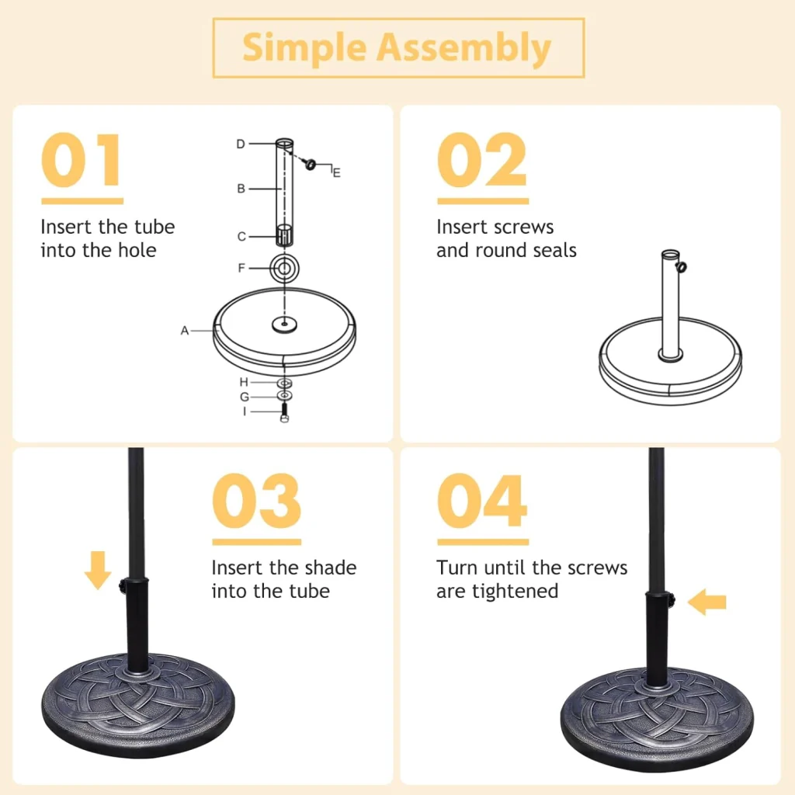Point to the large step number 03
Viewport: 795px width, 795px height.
pyautogui.click(x=256, y=501)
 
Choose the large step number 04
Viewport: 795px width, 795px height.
pyautogui.click(x=482, y=501)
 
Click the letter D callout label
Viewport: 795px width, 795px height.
pyautogui.click(x=241, y=144)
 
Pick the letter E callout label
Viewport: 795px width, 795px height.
pyautogui.click(x=336, y=173)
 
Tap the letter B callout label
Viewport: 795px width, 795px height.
pyautogui.click(x=241, y=189)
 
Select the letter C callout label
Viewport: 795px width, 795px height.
pyautogui.click(x=241, y=236)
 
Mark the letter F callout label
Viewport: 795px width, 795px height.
pyautogui.click(x=241, y=268)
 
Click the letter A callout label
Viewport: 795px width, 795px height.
pyautogui.click(x=185, y=331)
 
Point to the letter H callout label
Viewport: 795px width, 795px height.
pyautogui.click(x=244, y=382)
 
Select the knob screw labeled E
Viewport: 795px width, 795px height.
pyautogui.click(x=310, y=164)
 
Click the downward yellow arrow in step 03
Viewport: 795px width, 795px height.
pyautogui.click(x=98, y=571)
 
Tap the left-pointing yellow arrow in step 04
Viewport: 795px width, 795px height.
pyautogui.click(x=706, y=602)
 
